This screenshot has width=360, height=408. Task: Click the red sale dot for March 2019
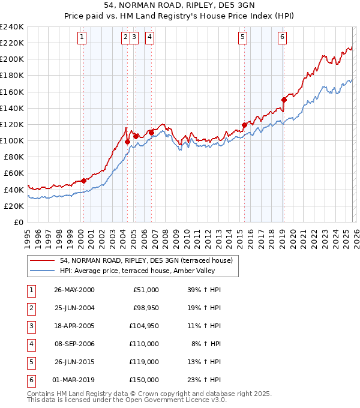[284, 100]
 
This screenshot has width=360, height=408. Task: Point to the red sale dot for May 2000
[84, 180]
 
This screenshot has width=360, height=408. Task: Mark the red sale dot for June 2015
[244, 125]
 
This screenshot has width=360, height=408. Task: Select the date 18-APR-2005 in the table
[74, 326]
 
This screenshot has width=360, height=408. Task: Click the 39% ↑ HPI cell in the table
[204, 290]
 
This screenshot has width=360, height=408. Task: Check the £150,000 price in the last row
[143, 380]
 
